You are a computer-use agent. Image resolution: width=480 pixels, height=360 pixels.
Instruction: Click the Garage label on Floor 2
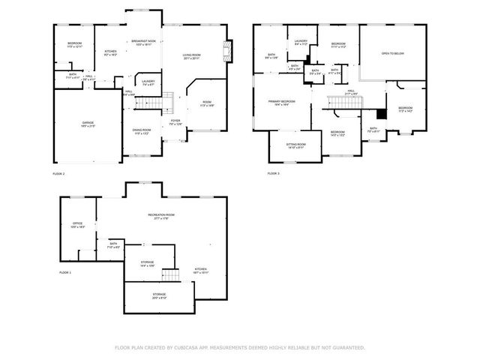88,124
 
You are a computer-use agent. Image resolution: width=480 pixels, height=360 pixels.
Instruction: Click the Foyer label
175,121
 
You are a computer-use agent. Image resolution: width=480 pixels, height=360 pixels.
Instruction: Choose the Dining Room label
142,131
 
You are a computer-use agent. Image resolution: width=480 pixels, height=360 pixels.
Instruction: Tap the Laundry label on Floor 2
147,82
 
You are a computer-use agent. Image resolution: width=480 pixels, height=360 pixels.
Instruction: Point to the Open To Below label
393,54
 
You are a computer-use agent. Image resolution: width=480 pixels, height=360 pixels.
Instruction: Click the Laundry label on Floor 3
301,43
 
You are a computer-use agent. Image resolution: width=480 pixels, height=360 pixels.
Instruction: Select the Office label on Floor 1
77,224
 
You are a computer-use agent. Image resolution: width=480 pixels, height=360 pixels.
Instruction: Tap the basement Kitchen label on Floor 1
201,271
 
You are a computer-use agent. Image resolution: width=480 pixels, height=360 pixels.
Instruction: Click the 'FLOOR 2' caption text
58,174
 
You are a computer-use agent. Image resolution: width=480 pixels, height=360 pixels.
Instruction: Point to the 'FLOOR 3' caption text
273,174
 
